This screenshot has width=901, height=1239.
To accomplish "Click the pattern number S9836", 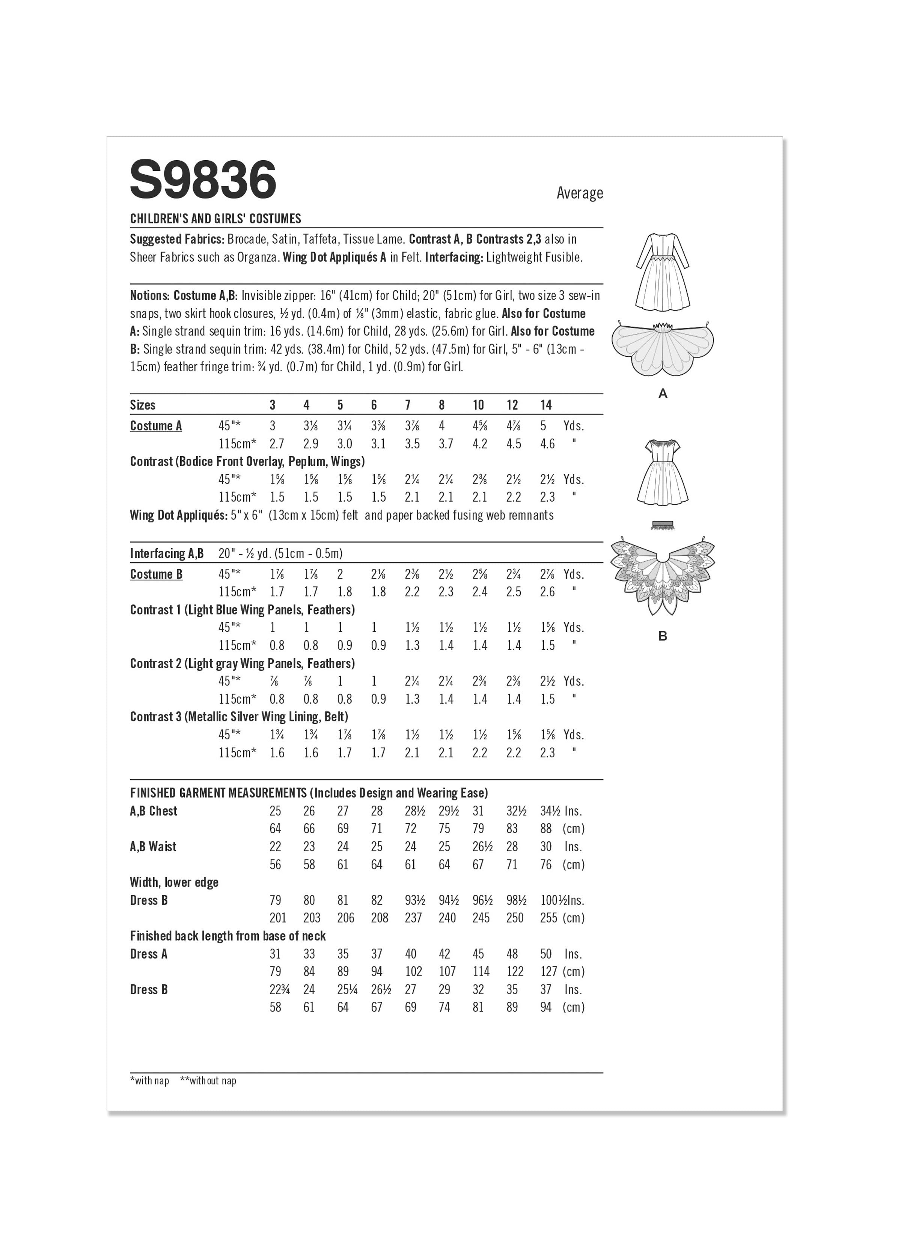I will pos(203,180).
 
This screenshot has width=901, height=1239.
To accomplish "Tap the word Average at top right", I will pos(579,193).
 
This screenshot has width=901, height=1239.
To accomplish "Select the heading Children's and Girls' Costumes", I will pos(215,219).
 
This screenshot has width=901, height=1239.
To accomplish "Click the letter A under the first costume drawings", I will pos(663,393).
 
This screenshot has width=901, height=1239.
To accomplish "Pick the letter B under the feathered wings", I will pos(663,636).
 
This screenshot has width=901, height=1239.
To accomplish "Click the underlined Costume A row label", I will pos(156,426).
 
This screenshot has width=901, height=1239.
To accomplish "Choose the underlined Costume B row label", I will pos(156,574).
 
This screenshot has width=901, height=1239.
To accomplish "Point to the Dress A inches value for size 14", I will pos(546,954).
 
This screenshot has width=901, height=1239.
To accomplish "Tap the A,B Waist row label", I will pos(153,847).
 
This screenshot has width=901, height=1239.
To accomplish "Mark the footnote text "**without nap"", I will pos(208,1081).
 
